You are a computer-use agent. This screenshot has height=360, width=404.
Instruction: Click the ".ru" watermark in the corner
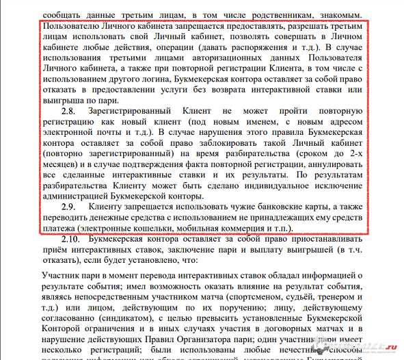coord(389,348)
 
